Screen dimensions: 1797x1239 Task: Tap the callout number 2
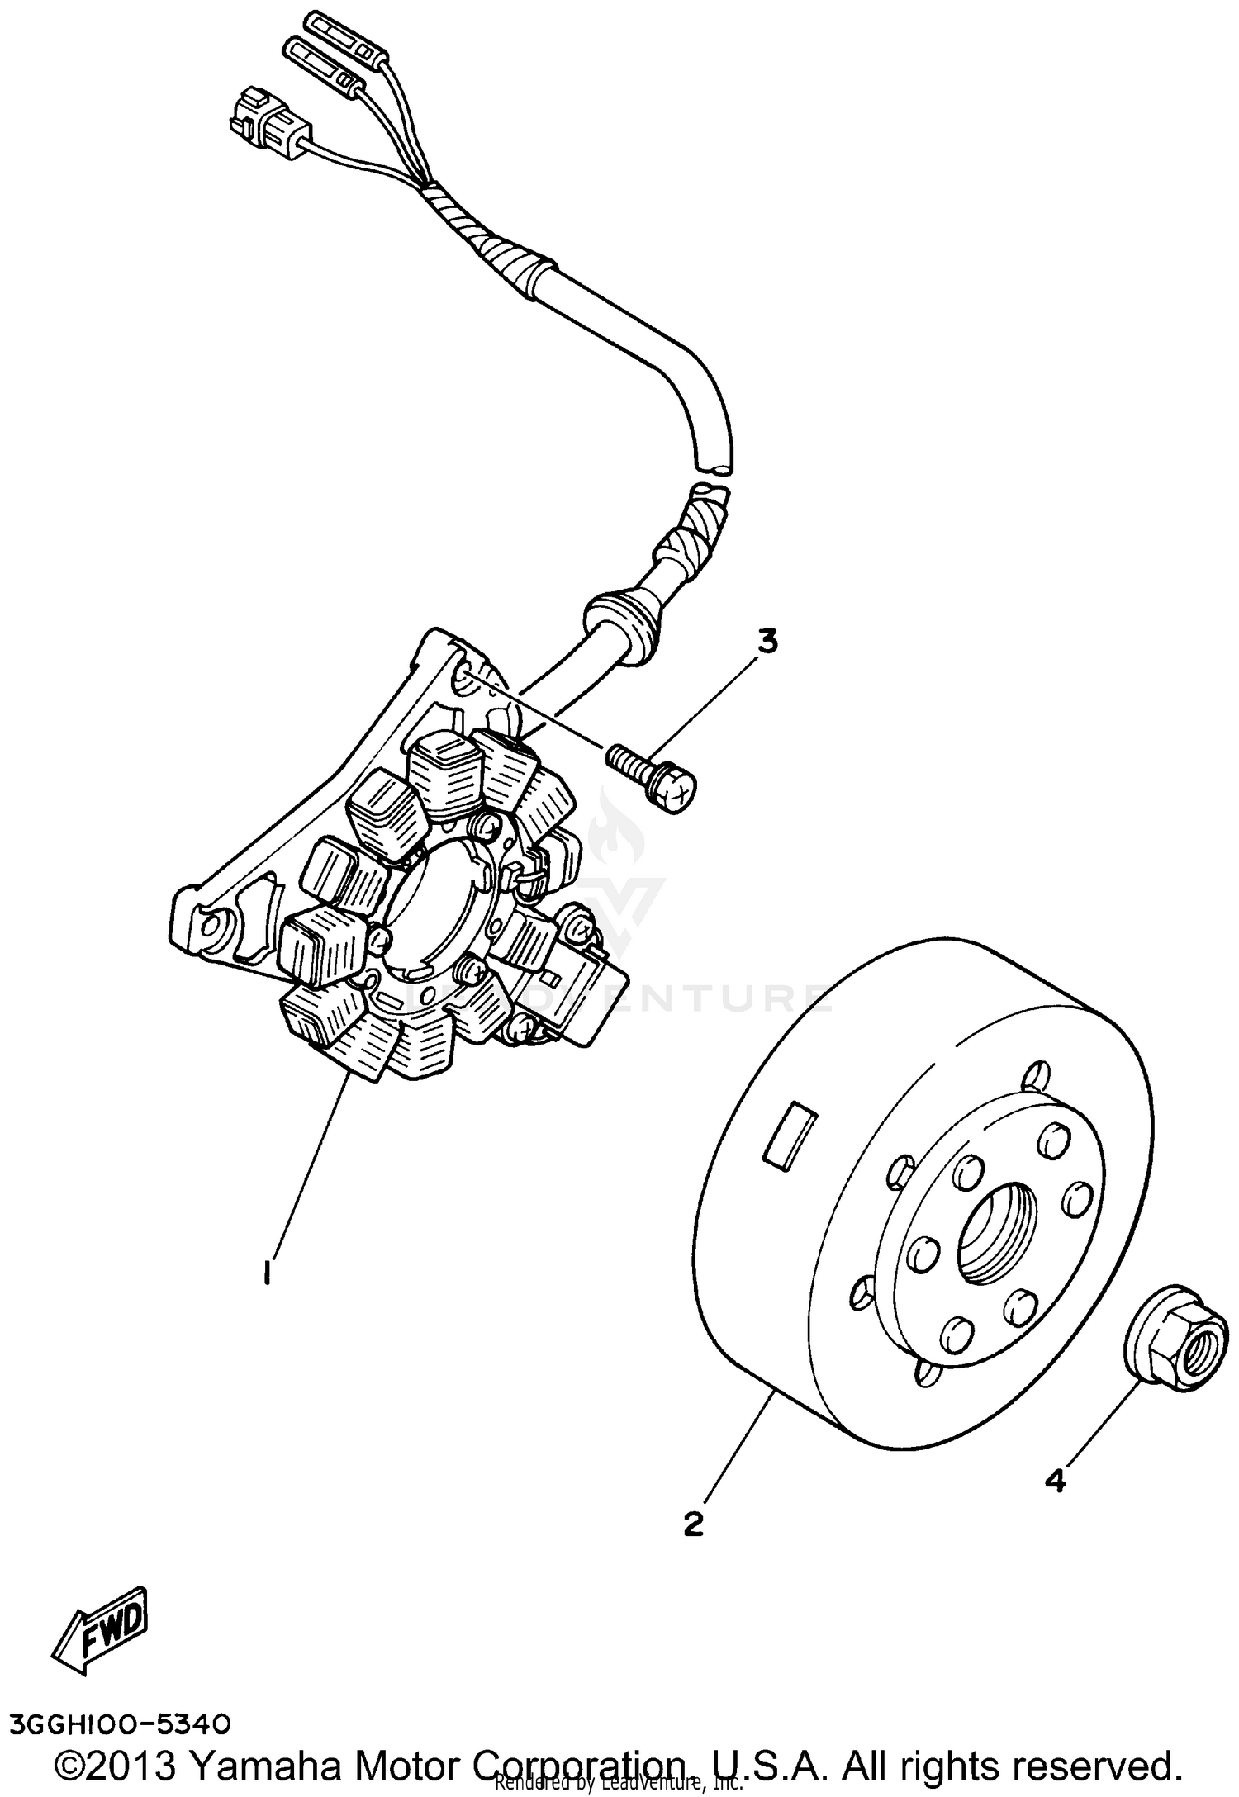point(694,1524)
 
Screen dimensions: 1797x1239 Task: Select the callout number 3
point(767,642)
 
